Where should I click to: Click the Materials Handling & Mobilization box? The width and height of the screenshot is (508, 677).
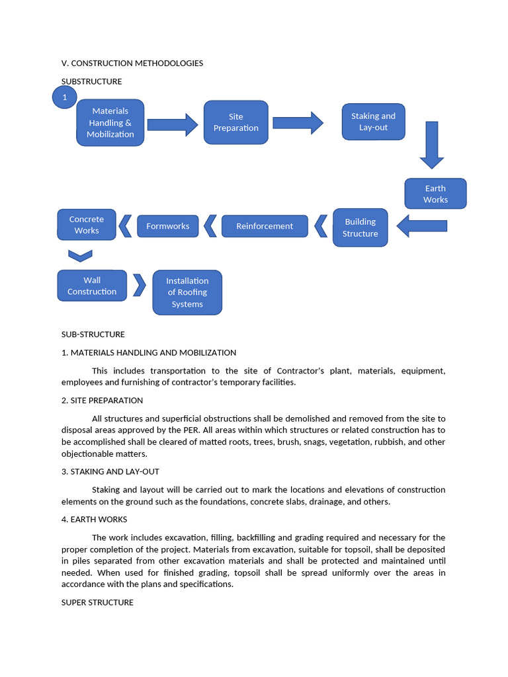click(x=110, y=122)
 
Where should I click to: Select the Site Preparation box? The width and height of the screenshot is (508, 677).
click(x=235, y=122)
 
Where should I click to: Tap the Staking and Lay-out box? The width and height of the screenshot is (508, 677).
click(x=373, y=122)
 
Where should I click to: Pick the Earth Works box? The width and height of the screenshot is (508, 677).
click(x=435, y=194)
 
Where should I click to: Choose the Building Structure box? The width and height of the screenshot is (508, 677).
click(x=360, y=227)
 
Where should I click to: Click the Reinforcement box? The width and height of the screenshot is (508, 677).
click(x=265, y=226)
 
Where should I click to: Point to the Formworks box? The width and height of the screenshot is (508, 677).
click(x=168, y=226)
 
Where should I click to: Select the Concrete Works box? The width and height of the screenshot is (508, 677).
click(x=87, y=225)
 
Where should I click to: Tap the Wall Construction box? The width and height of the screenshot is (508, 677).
click(x=92, y=286)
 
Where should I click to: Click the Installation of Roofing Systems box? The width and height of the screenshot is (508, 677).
click(x=187, y=292)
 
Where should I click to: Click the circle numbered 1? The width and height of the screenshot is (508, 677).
click(x=64, y=98)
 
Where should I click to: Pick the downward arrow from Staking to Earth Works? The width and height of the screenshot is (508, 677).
click(x=432, y=144)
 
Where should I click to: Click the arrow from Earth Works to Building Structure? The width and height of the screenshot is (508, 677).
click(x=421, y=225)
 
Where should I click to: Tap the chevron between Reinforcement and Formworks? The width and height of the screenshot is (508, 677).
click(x=210, y=225)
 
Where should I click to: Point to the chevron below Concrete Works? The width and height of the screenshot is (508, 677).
click(x=80, y=255)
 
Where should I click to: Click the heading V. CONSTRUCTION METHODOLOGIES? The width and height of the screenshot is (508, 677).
click(x=132, y=63)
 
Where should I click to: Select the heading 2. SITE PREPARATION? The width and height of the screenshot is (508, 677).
click(x=102, y=401)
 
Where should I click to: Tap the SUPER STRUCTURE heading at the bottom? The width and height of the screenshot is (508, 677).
click(x=97, y=602)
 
